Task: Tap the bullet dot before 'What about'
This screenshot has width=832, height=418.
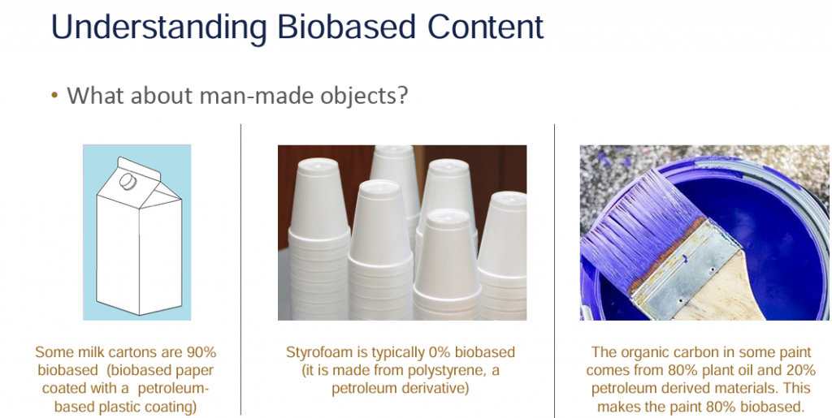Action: tap(54, 96)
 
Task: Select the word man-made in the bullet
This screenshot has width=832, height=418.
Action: tap(240, 95)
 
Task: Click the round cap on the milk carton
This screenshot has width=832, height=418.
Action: tap(128, 182)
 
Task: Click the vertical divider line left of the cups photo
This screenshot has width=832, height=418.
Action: tap(240, 269)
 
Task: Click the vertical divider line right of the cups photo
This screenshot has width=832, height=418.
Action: tap(554, 271)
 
